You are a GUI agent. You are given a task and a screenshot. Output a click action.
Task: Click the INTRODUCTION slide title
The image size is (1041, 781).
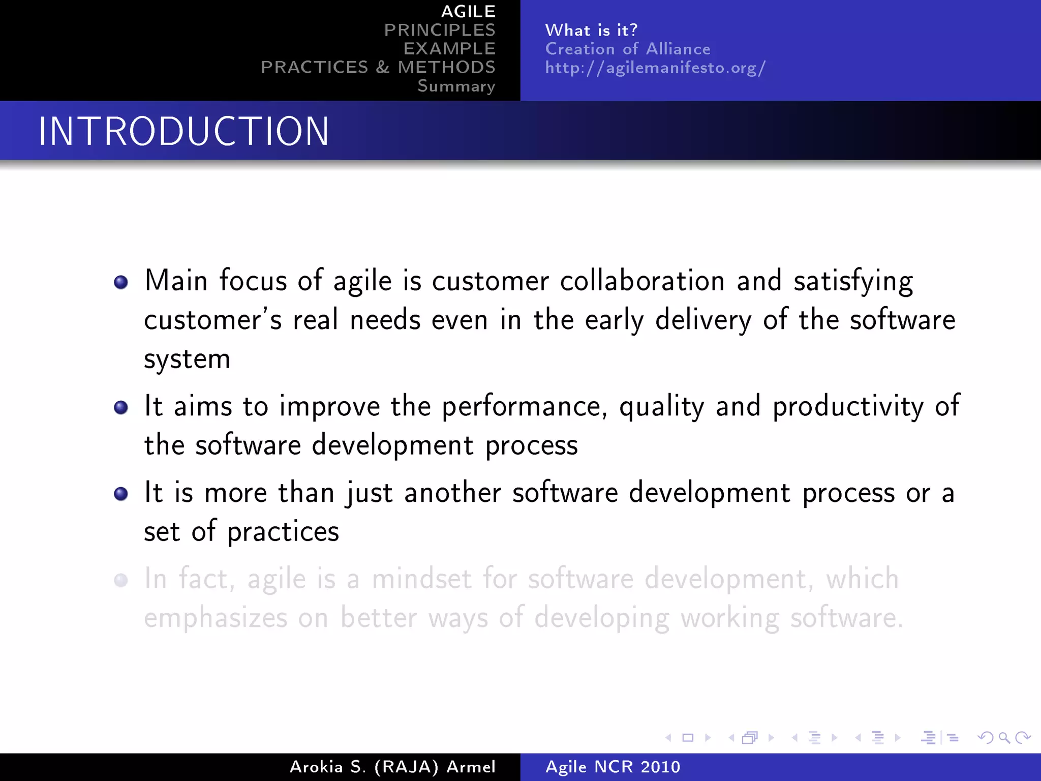pyautogui.click(x=183, y=131)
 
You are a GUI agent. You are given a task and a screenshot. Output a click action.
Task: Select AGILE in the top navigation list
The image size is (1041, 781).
pyautogui.click(x=468, y=11)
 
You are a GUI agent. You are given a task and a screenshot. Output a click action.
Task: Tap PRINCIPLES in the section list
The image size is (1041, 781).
pyautogui.click(x=439, y=30)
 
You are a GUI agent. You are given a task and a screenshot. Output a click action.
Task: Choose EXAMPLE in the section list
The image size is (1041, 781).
pyautogui.click(x=449, y=48)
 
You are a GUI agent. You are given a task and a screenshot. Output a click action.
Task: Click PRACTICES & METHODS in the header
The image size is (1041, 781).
pyautogui.click(x=378, y=67)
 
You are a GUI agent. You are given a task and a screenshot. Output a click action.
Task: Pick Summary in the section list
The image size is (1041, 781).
pyautogui.click(x=456, y=86)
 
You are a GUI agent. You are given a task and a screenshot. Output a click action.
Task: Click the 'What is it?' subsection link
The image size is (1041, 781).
pyautogui.click(x=591, y=30)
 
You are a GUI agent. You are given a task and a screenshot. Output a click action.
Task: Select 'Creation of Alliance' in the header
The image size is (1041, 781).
pyautogui.click(x=628, y=49)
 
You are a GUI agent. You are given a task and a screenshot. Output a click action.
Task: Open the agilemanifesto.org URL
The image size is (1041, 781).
pyautogui.click(x=655, y=68)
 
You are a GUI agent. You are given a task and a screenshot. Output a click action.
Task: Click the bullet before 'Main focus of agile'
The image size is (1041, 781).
pyautogui.click(x=121, y=282)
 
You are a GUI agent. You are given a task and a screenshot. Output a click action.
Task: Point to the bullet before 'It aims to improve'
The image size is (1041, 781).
pyautogui.click(x=121, y=407)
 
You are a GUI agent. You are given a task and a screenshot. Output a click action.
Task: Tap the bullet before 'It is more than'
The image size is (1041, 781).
pyautogui.click(x=121, y=494)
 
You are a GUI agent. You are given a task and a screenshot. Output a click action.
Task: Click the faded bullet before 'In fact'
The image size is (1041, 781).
pyautogui.click(x=121, y=580)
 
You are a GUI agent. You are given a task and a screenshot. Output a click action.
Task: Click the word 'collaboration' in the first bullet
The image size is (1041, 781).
pyautogui.click(x=642, y=281)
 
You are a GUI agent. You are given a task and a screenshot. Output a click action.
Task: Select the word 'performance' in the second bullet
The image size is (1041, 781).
pyautogui.click(x=524, y=407)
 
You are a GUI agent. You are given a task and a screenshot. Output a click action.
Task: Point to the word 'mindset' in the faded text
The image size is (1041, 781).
pyautogui.click(x=421, y=579)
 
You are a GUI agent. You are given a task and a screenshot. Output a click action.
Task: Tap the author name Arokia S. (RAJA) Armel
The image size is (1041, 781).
pyautogui.click(x=392, y=767)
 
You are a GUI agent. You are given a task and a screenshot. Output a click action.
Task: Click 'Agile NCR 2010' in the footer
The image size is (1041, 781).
pyautogui.click(x=613, y=767)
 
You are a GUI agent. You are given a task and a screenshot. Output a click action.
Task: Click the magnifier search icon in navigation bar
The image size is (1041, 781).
pyautogui.click(x=1004, y=737)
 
